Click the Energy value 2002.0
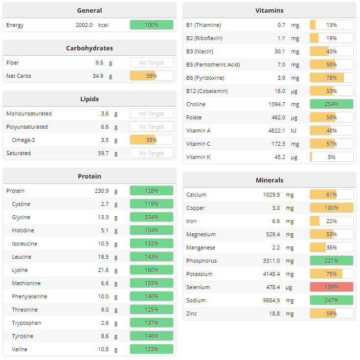tap(84, 25)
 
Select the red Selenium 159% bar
tap(331, 287)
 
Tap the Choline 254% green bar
tap(331, 104)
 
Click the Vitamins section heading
tap(269, 10)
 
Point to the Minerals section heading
tap(269, 180)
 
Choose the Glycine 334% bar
tap(151, 217)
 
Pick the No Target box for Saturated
tap(151, 153)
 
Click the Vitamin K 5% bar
tap(331, 157)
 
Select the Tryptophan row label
tap(26, 323)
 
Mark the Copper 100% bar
tap(331, 208)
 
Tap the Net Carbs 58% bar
tap(151, 76)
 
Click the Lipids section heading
tap(90, 99)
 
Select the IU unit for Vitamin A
tap(294, 131)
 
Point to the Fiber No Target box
tap(151, 63)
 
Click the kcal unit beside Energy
tap(103, 25)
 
